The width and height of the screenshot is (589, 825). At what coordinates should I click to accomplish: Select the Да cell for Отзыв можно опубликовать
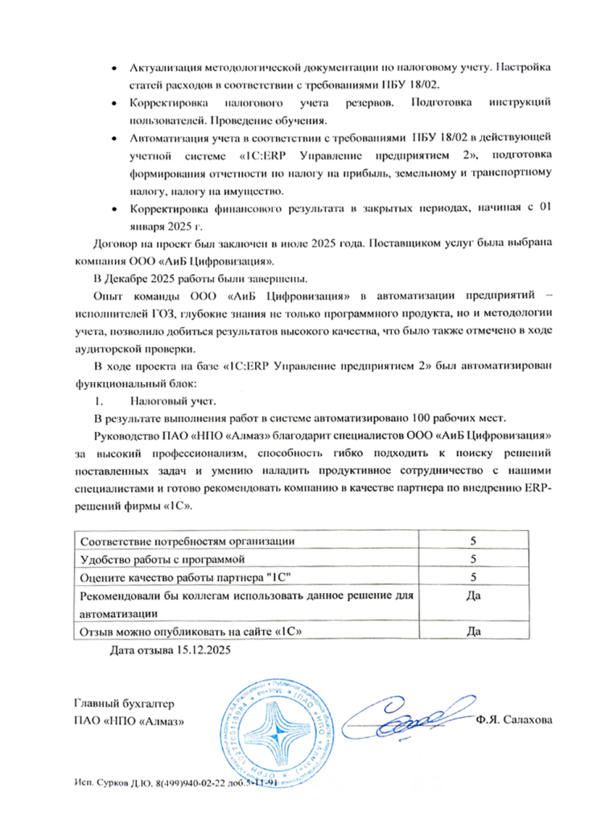(475, 631)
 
